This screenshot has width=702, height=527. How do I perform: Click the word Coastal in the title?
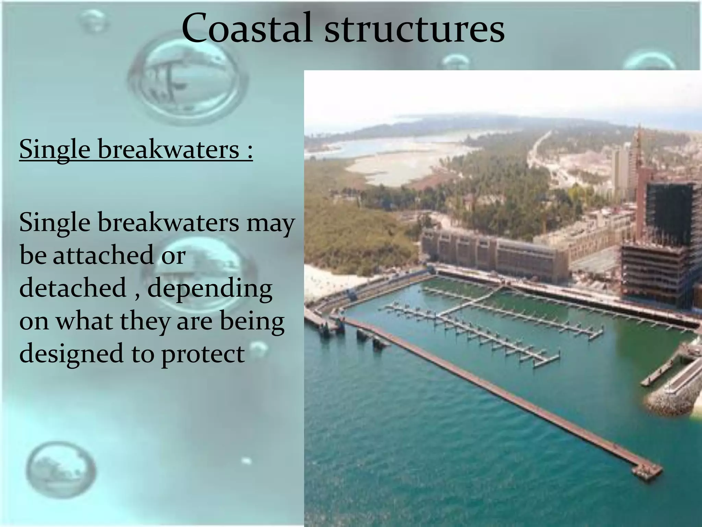tap(247, 28)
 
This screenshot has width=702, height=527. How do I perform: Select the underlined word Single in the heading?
tap(55, 150)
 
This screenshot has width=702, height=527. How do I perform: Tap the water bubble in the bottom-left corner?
tap(61, 472)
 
